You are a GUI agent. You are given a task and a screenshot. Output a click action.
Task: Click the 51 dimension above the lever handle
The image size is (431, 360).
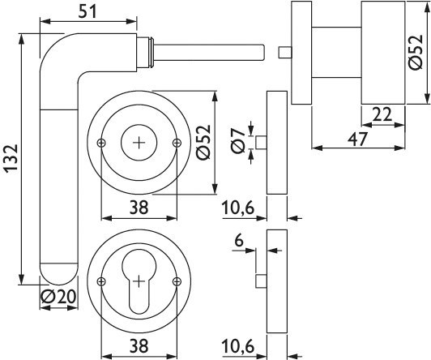coord(90,11)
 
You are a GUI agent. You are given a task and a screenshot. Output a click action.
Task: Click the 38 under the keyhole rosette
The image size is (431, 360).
coord(139,345)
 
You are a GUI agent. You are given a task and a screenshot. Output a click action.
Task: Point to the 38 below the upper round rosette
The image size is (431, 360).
coord(139,207)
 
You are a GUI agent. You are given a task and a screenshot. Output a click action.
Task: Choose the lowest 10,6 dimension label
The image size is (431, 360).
coord(241,345)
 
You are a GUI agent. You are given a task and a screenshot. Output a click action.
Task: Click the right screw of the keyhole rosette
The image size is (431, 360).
coord(177,281)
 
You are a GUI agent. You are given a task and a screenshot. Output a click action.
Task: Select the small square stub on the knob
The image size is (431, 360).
coord(284,53)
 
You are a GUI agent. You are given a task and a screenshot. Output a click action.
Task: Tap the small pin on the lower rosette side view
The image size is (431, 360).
coord(261,281)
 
